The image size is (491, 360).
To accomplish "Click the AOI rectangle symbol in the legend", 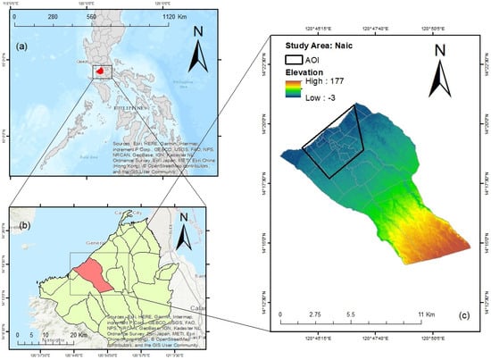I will (297, 58).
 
